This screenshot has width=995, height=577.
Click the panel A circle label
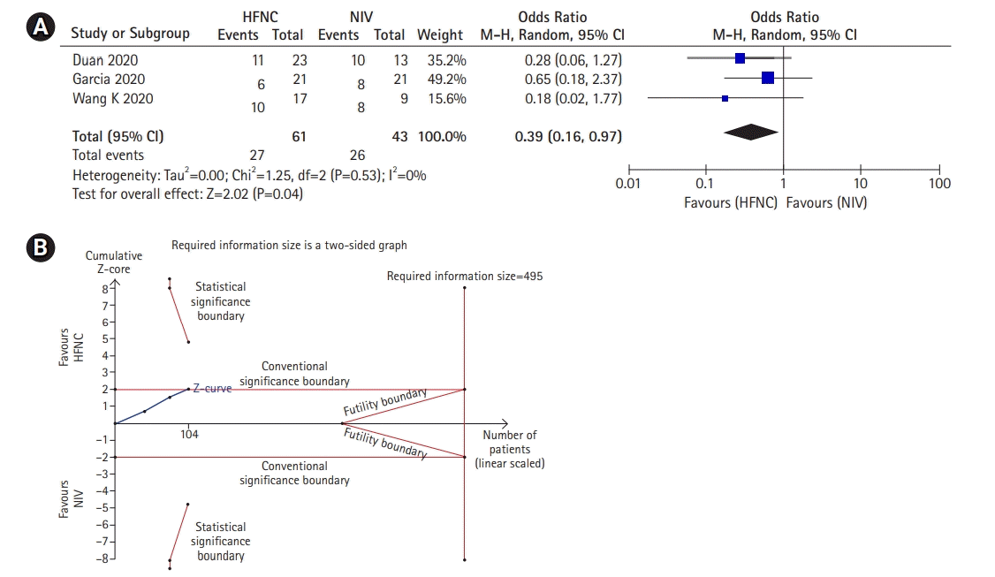pyautogui.click(x=38, y=28)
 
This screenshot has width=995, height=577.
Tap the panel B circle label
pyautogui.click(x=38, y=249)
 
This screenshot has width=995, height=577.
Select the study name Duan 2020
pyautogui.click(x=105, y=60)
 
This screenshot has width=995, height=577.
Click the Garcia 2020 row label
pyautogui.click(x=110, y=79)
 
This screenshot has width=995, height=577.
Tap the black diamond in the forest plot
pyautogui.click(x=750, y=133)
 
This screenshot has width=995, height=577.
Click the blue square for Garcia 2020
pyautogui.click(x=767, y=78)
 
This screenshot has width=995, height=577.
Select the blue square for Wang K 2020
pyautogui.click(x=725, y=98)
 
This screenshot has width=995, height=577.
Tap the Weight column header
pyautogui.click(x=439, y=34)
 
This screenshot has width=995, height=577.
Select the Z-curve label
pyautogui.click(x=212, y=389)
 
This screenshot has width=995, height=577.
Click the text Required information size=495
pyautogui.click(x=465, y=276)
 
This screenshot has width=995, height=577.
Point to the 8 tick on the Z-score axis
pyautogui.click(x=105, y=288)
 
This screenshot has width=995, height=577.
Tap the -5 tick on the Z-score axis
pyautogui.click(x=103, y=507)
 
